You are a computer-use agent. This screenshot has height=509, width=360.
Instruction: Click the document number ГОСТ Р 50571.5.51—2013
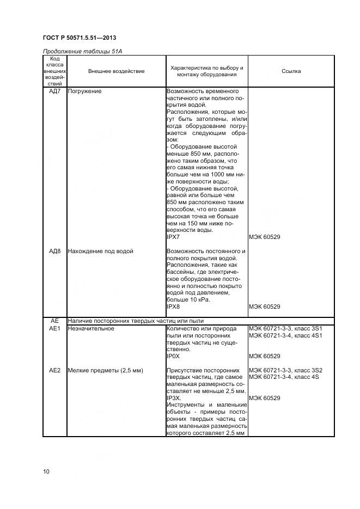pyautogui.click(x=79, y=38)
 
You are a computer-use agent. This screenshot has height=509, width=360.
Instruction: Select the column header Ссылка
pyautogui.click(x=291, y=71)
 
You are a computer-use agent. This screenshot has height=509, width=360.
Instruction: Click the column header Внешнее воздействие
pyautogui.click(x=116, y=71)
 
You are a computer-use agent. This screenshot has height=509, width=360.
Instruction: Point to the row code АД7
pyautogui.click(x=54, y=91)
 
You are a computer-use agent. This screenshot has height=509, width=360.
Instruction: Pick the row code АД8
pyautogui.click(x=54, y=251)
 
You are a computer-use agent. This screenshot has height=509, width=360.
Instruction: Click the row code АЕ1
pyautogui.click(x=54, y=328)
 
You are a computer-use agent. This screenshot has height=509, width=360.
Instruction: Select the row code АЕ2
pyautogui.click(x=54, y=370)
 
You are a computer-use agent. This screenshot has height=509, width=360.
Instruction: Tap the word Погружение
pyautogui.click(x=84, y=91)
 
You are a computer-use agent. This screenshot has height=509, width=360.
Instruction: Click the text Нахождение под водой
pyautogui.click(x=100, y=251)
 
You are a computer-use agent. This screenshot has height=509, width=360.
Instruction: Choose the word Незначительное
pyautogui.click(x=90, y=328)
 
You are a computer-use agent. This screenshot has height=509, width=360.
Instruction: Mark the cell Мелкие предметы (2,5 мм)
pyautogui.click(x=105, y=370)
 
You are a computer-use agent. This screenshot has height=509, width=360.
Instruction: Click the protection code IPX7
pyautogui.click(x=173, y=237)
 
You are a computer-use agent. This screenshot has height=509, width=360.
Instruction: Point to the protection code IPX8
pyautogui.click(x=173, y=306)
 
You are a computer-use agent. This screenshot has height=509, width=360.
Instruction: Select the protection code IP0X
pyautogui.click(x=173, y=356)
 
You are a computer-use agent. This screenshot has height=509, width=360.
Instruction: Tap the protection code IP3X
pyautogui.click(x=173, y=398)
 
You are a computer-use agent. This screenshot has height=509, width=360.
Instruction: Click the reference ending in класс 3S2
pyautogui.click(x=285, y=370)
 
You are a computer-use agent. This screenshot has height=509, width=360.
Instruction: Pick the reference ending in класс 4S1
pyautogui.click(x=285, y=335)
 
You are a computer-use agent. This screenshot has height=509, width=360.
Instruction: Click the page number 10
pyautogui.click(x=46, y=471)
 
